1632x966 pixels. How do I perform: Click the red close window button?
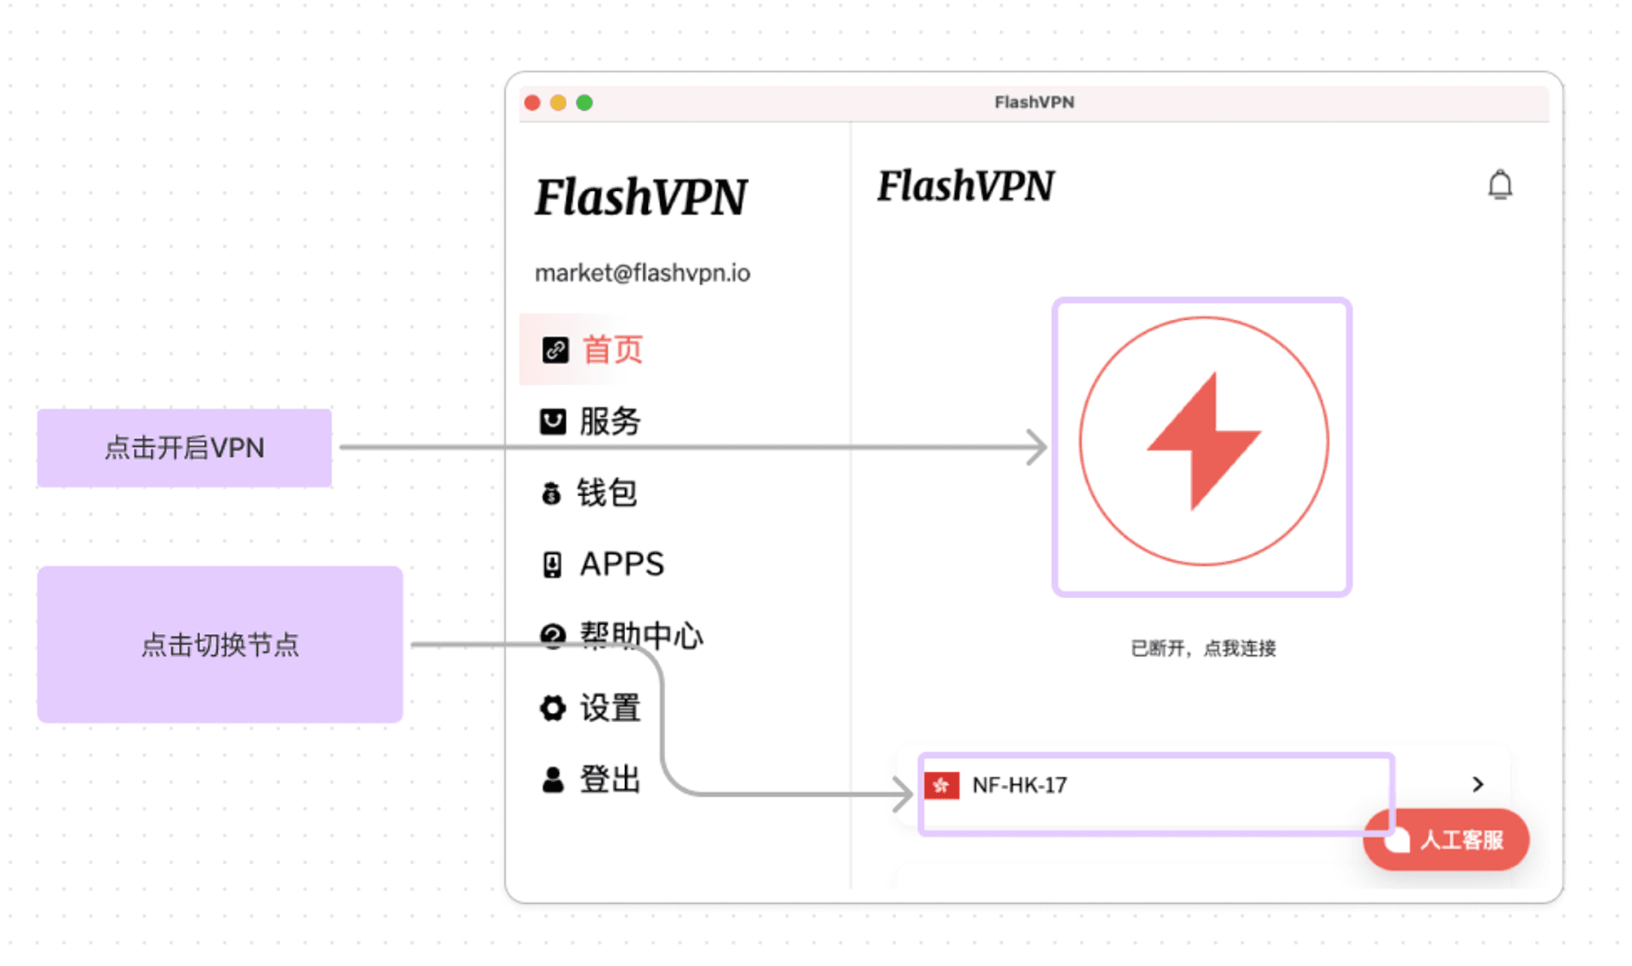(533, 103)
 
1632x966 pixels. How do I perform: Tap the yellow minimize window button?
(558, 103)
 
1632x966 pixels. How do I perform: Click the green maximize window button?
(584, 103)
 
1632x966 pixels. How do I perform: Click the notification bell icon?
(1500, 184)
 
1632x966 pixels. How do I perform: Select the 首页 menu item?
(593, 349)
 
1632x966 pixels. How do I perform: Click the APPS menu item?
(603, 564)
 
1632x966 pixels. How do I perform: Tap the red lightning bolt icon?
(1204, 441)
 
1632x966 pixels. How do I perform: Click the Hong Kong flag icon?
(942, 785)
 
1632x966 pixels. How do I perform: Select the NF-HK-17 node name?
(1019, 785)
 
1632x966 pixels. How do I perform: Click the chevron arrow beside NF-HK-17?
(1478, 784)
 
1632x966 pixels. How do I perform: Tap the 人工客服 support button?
(1447, 840)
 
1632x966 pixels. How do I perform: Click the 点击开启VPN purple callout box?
(184, 448)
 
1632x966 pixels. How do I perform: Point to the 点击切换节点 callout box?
(220, 645)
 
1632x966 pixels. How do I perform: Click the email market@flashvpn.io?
(642, 273)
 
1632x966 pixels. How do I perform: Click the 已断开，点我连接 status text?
(1204, 648)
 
